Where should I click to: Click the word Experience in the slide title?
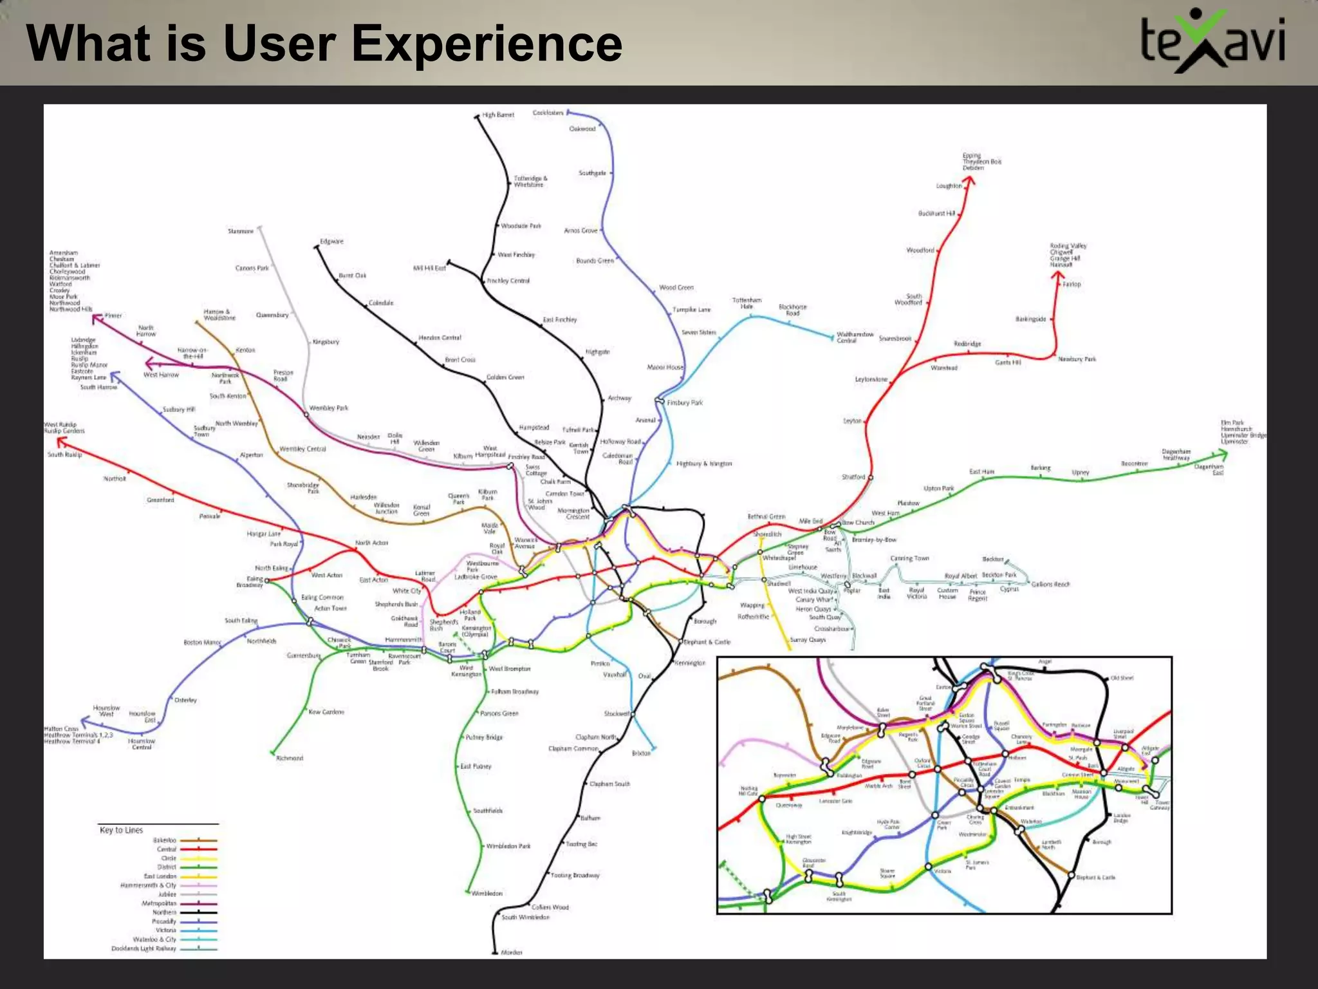point(487,44)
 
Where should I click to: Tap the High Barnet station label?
point(499,115)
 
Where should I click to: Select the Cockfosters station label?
point(548,113)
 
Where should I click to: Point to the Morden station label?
point(512,952)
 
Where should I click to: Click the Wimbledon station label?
point(487,894)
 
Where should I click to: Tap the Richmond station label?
point(290,758)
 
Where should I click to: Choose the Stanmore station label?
point(241,231)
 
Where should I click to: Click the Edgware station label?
point(332,241)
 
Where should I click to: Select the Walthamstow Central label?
point(855,337)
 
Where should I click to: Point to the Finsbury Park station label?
point(685,402)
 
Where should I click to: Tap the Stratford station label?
point(853,477)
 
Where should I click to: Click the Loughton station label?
point(949,186)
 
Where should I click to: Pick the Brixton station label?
point(641,753)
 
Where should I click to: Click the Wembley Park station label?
point(328,408)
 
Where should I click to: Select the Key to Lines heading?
point(121,830)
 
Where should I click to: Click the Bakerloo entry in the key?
point(165,840)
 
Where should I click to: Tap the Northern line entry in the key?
point(164,912)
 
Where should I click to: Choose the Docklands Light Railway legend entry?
point(144,948)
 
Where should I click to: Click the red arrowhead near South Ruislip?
point(61,441)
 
